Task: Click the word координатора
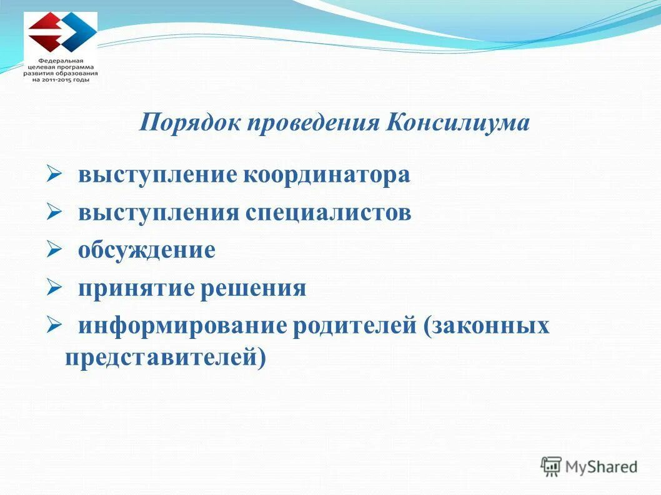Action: [x=327, y=175]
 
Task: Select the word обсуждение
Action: [x=147, y=250]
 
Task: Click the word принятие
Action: [x=136, y=288]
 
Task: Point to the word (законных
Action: [x=487, y=326]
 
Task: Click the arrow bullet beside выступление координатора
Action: [x=52, y=174]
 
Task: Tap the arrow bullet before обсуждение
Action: [x=52, y=250]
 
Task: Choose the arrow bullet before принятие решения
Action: [x=52, y=288]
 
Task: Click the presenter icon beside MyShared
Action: [x=551, y=466]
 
